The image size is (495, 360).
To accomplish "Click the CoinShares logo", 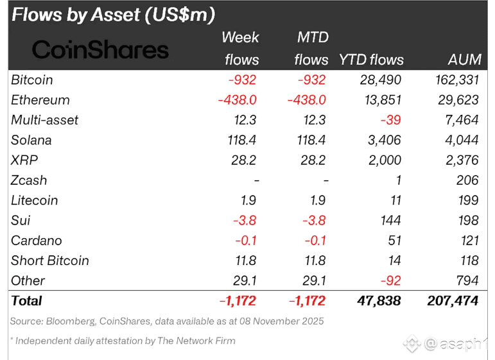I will [100, 49].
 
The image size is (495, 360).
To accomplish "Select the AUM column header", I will [464, 60].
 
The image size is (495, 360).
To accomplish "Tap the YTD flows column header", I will [371, 60].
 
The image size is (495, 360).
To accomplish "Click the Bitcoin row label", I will [32, 80].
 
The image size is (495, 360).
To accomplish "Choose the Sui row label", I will [21, 220].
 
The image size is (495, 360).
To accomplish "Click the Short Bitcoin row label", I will [50, 261].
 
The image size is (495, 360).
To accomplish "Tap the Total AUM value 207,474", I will [453, 300].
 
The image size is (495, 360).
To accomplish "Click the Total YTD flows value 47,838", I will [379, 300].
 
